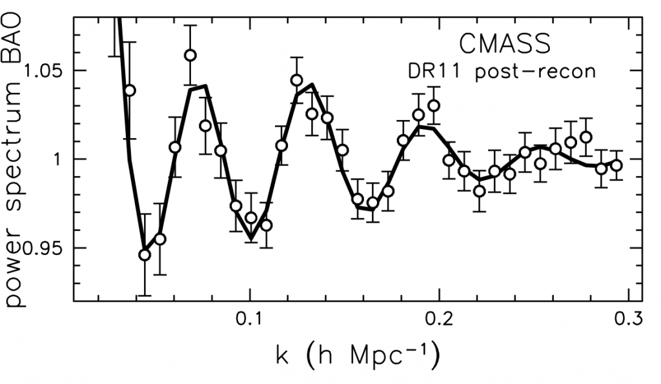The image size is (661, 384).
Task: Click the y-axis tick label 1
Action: coord(59,159)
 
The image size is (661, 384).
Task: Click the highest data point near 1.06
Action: coord(190,56)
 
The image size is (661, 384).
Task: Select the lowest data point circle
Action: coord(145,255)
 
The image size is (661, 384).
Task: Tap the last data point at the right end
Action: coord(616,165)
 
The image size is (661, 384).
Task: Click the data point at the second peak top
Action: coord(297,81)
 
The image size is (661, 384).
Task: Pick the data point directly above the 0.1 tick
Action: coord(251,217)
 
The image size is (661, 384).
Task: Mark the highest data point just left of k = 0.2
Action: coord(434,106)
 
